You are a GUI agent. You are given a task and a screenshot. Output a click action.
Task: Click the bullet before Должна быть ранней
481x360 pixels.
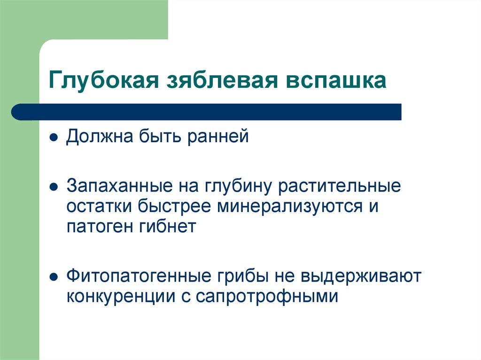pyautogui.click(x=54, y=139)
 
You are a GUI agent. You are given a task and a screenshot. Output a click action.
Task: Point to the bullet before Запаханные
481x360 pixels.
pyautogui.click(x=54, y=187)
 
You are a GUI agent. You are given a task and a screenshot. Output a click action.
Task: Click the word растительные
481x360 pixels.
pyautogui.click(x=340, y=185)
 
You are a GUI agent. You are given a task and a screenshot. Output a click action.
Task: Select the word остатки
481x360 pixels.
pyautogui.click(x=99, y=207)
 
